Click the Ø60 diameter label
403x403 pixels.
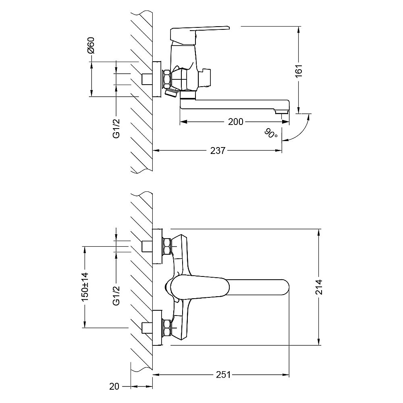tap(91, 45)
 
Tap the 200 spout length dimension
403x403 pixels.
tap(235, 122)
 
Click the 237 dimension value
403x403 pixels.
tap(218, 151)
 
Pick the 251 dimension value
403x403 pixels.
tap(223, 375)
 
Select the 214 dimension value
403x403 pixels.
tap(319, 287)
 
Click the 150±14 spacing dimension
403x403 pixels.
tap(85, 287)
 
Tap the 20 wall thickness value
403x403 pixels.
tap(114, 386)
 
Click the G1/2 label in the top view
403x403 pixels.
tap(116, 129)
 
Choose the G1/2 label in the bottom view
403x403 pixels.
tap(116, 295)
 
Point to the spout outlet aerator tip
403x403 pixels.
tap(282, 112)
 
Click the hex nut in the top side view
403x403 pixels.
tap(166, 79)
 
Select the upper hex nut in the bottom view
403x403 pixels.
tap(167, 246)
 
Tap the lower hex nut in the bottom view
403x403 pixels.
tap(167, 327)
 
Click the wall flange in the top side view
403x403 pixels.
tap(157, 79)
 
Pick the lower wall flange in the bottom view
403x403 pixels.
tap(158, 328)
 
